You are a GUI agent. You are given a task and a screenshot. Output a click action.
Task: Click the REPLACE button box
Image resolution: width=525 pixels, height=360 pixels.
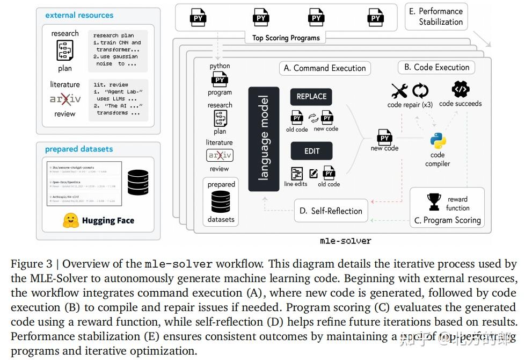tap(311, 97)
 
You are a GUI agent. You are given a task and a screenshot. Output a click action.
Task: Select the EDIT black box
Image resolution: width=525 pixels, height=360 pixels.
tap(311, 151)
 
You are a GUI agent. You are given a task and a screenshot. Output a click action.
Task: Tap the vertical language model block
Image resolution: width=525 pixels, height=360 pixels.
tap(264, 139)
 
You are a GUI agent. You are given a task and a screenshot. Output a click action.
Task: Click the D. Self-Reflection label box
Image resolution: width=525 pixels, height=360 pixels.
tap(331, 211)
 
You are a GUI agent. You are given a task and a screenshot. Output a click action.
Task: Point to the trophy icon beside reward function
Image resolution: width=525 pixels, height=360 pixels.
tap(434, 202)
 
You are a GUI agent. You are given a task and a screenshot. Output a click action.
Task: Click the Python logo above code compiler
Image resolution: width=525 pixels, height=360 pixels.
tap(438, 141)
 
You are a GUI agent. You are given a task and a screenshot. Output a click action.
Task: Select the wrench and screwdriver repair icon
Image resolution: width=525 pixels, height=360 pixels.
tap(399, 91)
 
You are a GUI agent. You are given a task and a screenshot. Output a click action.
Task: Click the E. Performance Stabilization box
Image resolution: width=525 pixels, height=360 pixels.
tap(436, 17)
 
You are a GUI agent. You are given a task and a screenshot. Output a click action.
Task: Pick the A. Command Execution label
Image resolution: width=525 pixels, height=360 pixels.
tap(325, 68)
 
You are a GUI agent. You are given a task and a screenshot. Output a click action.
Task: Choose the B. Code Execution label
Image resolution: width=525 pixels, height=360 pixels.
tap(436, 67)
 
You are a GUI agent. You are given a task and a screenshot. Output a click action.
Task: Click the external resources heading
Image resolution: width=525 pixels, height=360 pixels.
tap(79, 15)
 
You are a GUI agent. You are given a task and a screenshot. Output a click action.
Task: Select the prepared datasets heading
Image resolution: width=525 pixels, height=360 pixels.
tap(79, 149)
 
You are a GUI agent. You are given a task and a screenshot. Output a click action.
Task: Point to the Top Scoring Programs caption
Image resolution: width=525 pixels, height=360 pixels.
tap(286, 38)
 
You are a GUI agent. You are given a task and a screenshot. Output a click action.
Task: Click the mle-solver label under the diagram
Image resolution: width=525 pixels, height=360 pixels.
tap(345, 241)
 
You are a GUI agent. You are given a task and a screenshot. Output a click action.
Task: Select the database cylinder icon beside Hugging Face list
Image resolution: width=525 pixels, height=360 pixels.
tap(138, 183)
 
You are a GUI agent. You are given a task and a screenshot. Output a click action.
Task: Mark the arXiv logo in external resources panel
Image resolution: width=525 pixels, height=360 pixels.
tap(65, 99)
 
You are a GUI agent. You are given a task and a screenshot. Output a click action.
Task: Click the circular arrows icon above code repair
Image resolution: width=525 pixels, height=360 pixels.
tap(420, 91)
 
